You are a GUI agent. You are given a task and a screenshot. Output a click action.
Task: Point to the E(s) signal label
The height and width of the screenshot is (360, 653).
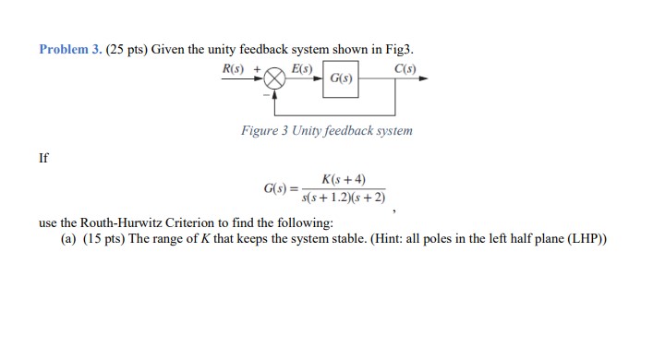pos(302,69)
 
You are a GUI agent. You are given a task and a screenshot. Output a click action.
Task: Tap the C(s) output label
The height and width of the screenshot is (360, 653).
pos(405,69)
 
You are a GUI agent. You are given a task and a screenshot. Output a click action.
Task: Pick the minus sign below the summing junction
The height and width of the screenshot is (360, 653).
pos(266,92)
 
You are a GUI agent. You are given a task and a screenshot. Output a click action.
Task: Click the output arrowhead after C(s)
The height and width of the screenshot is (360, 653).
pos(423,79)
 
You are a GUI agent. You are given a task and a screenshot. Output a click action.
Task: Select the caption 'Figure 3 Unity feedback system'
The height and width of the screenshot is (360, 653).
pos(326,131)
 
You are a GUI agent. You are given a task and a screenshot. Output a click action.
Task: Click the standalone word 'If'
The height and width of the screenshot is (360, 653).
pos(44,157)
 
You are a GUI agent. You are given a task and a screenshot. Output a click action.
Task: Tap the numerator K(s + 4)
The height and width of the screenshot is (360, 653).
pos(344,179)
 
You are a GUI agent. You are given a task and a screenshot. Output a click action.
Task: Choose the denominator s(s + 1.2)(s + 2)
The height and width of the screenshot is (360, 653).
pos(344,197)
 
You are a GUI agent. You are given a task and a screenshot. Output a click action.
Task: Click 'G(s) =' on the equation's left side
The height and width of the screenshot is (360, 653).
pos(281,188)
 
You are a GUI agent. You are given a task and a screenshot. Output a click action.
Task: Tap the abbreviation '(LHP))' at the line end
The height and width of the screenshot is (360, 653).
pos(585,240)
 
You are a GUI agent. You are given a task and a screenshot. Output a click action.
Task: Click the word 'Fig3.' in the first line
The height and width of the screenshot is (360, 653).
pos(412,49)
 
